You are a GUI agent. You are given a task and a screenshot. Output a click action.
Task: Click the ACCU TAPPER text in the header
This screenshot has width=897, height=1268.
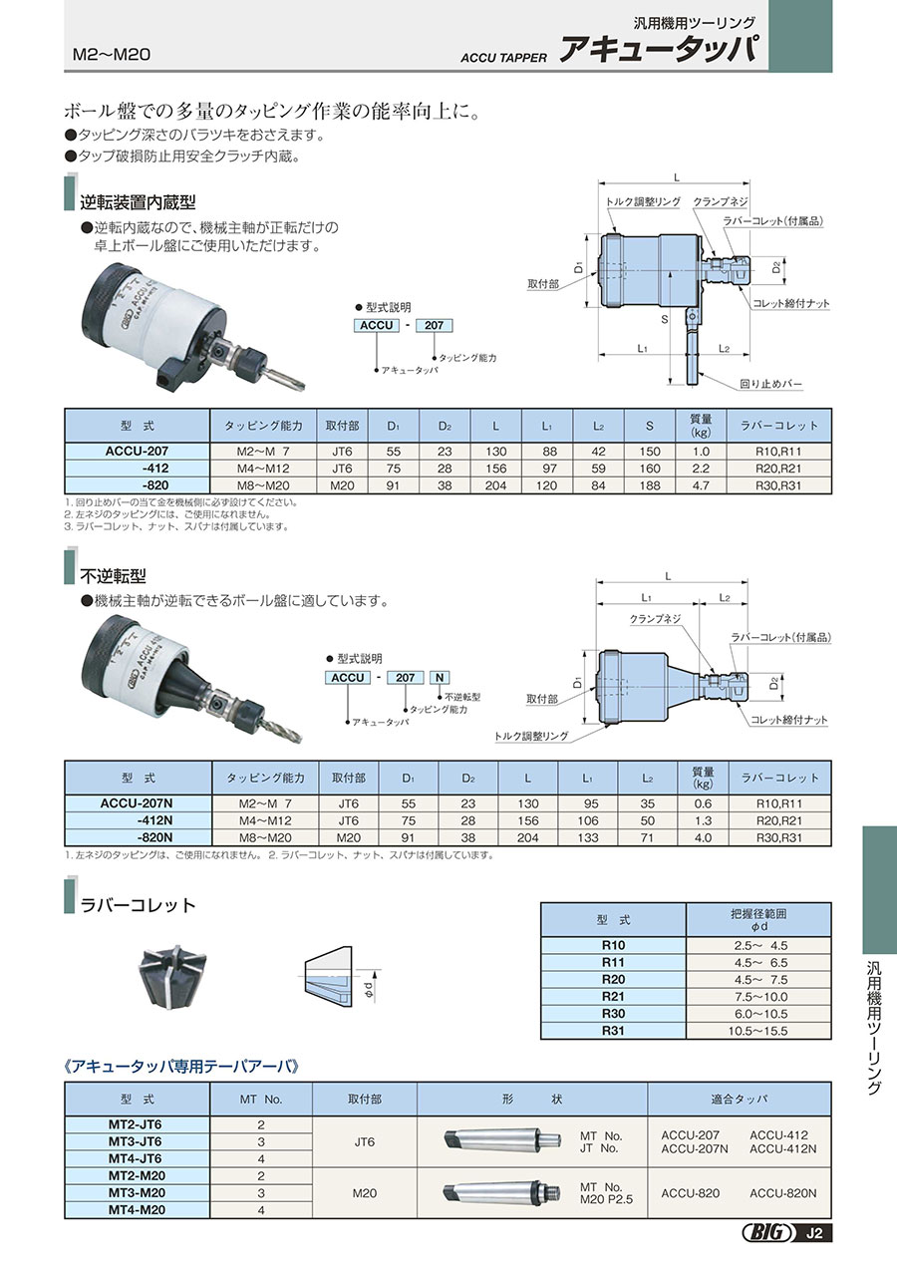point(503,57)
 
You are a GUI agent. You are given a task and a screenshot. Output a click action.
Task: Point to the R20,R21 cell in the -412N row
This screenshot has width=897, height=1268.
point(779,820)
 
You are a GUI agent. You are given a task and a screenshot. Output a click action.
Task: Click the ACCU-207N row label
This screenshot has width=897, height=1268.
point(138,803)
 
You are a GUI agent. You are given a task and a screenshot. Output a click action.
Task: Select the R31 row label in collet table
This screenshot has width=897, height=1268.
point(613,1031)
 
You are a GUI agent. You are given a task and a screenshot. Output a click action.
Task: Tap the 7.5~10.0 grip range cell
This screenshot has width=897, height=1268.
point(759,995)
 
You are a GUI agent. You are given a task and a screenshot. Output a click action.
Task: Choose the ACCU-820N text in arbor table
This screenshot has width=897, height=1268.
point(782,1192)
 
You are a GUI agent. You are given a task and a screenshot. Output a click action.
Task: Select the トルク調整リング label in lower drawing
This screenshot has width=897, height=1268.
point(532,736)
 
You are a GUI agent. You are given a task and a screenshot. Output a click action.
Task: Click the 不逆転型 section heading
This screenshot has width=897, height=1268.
point(113,575)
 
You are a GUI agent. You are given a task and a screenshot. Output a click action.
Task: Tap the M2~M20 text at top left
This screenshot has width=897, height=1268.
point(112,54)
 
